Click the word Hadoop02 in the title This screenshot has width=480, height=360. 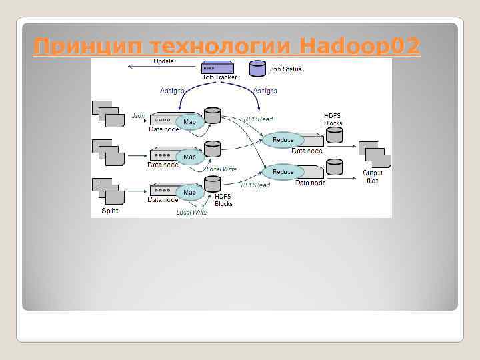(x=360, y=47)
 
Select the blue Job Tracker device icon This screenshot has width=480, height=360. (x=217, y=67)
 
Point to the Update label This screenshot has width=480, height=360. (x=164, y=61)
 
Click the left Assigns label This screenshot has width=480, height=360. (x=172, y=90)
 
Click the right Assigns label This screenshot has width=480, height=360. (x=265, y=90)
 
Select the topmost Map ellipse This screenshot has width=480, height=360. (x=189, y=121)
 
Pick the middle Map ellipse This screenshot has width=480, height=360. (x=189, y=157)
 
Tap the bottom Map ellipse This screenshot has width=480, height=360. (x=189, y=192)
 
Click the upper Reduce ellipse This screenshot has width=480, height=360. (x=283, y=140)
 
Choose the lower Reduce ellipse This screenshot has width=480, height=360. (x=283, y=171)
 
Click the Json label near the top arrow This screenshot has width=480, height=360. (x=137, y=115)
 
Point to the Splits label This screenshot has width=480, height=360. (x=110, y=211)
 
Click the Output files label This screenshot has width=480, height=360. (x=372, y=176)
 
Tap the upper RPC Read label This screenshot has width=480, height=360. (x=257, y=119)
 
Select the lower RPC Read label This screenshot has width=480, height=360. (x=255, y=185)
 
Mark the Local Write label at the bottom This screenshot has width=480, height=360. (x=191, y=212)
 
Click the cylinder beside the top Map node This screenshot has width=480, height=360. (x=213, y=115)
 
